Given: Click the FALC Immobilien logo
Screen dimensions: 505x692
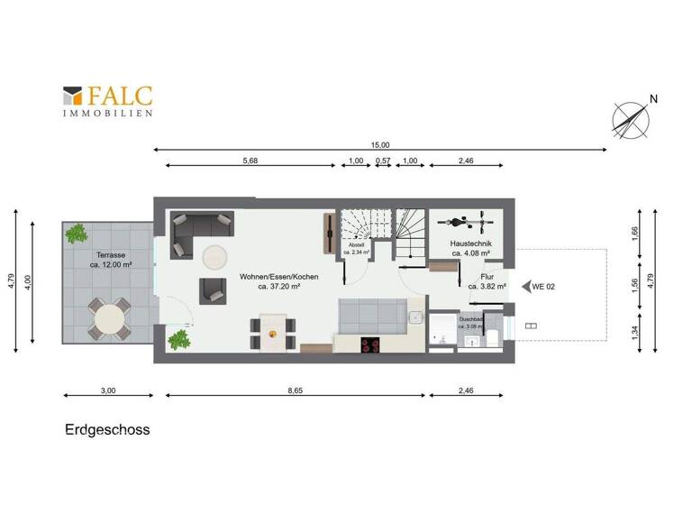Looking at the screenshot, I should tap(107, 101).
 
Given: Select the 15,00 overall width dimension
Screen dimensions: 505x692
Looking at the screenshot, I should tap(380, 144).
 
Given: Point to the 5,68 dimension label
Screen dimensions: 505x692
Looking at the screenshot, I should tap(250, 161).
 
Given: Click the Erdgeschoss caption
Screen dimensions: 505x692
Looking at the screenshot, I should tap(107, 429).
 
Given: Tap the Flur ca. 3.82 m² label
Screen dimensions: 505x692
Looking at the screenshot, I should tap(487, 281).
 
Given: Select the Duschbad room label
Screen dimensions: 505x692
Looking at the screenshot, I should tap(471, 322).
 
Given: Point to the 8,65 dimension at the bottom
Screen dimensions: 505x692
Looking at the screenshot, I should tap(296, 390).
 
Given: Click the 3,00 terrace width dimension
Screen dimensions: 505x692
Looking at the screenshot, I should tap(107, 390).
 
